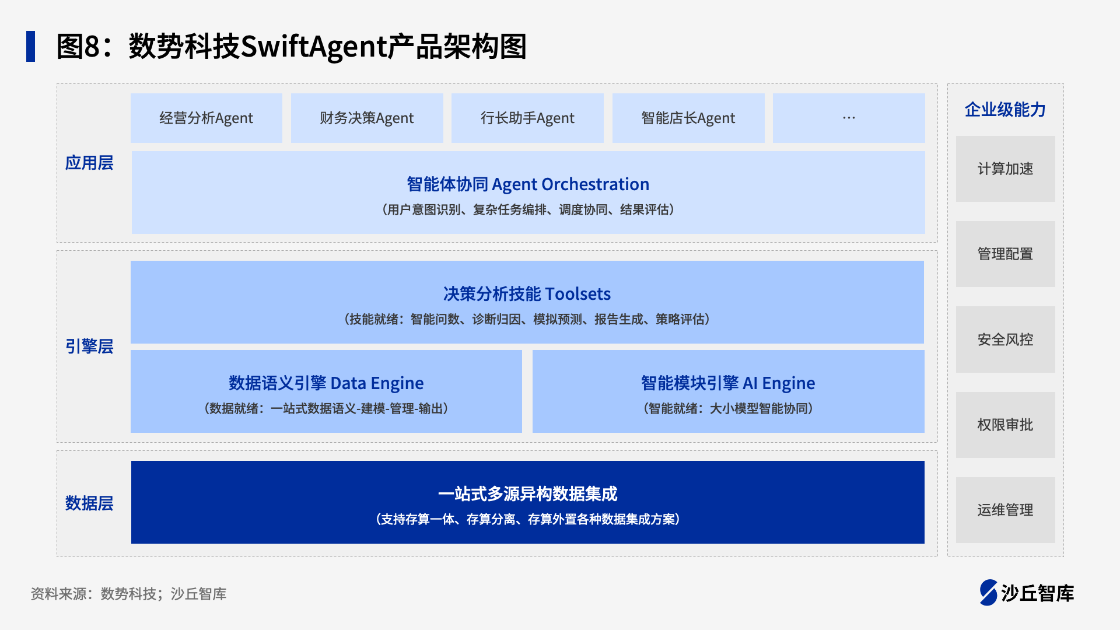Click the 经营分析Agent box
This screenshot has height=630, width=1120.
click(206, 118)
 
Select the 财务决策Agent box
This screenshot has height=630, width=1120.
click(367, 118)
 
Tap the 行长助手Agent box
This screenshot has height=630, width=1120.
click(527, 118)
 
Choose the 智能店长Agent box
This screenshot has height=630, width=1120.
click(688, 118)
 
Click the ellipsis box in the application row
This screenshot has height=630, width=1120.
click(849, 118)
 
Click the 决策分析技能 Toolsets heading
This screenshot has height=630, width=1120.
click(527, 293)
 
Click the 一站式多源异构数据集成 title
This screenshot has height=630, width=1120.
click(527, 494)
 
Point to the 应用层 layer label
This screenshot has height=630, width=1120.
click(89, 163)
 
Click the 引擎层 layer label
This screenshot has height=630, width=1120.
click(89, 346)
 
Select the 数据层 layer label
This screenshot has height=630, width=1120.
click(89, 503)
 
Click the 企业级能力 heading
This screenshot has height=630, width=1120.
click(1005, 110)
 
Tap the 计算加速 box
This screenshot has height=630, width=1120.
click(1006, 169)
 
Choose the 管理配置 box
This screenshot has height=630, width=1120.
click(1006, 254)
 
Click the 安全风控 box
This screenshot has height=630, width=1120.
click(1006, 339)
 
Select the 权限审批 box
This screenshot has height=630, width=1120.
click(1006, 425)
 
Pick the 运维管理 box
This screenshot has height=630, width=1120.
click(1006, 510)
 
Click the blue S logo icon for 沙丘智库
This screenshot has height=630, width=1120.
click(989, 593)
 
